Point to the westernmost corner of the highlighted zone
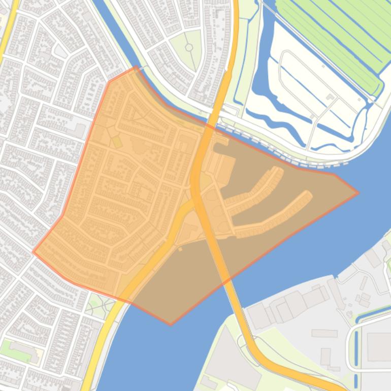click(x=34, y=251)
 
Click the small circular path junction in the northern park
click(x=189, y=47)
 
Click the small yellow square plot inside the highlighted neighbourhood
click(x=117, y=142)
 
